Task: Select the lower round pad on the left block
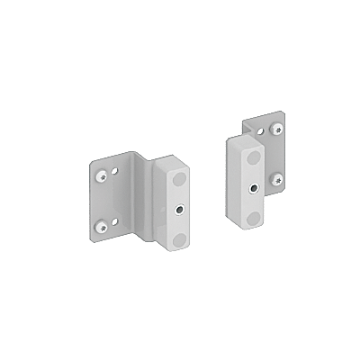pyautogui.click(x=180, y=238)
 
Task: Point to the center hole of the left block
pyautogui.click(x=180, y=209)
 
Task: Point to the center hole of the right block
pyautogui.click(x=256, y=188)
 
